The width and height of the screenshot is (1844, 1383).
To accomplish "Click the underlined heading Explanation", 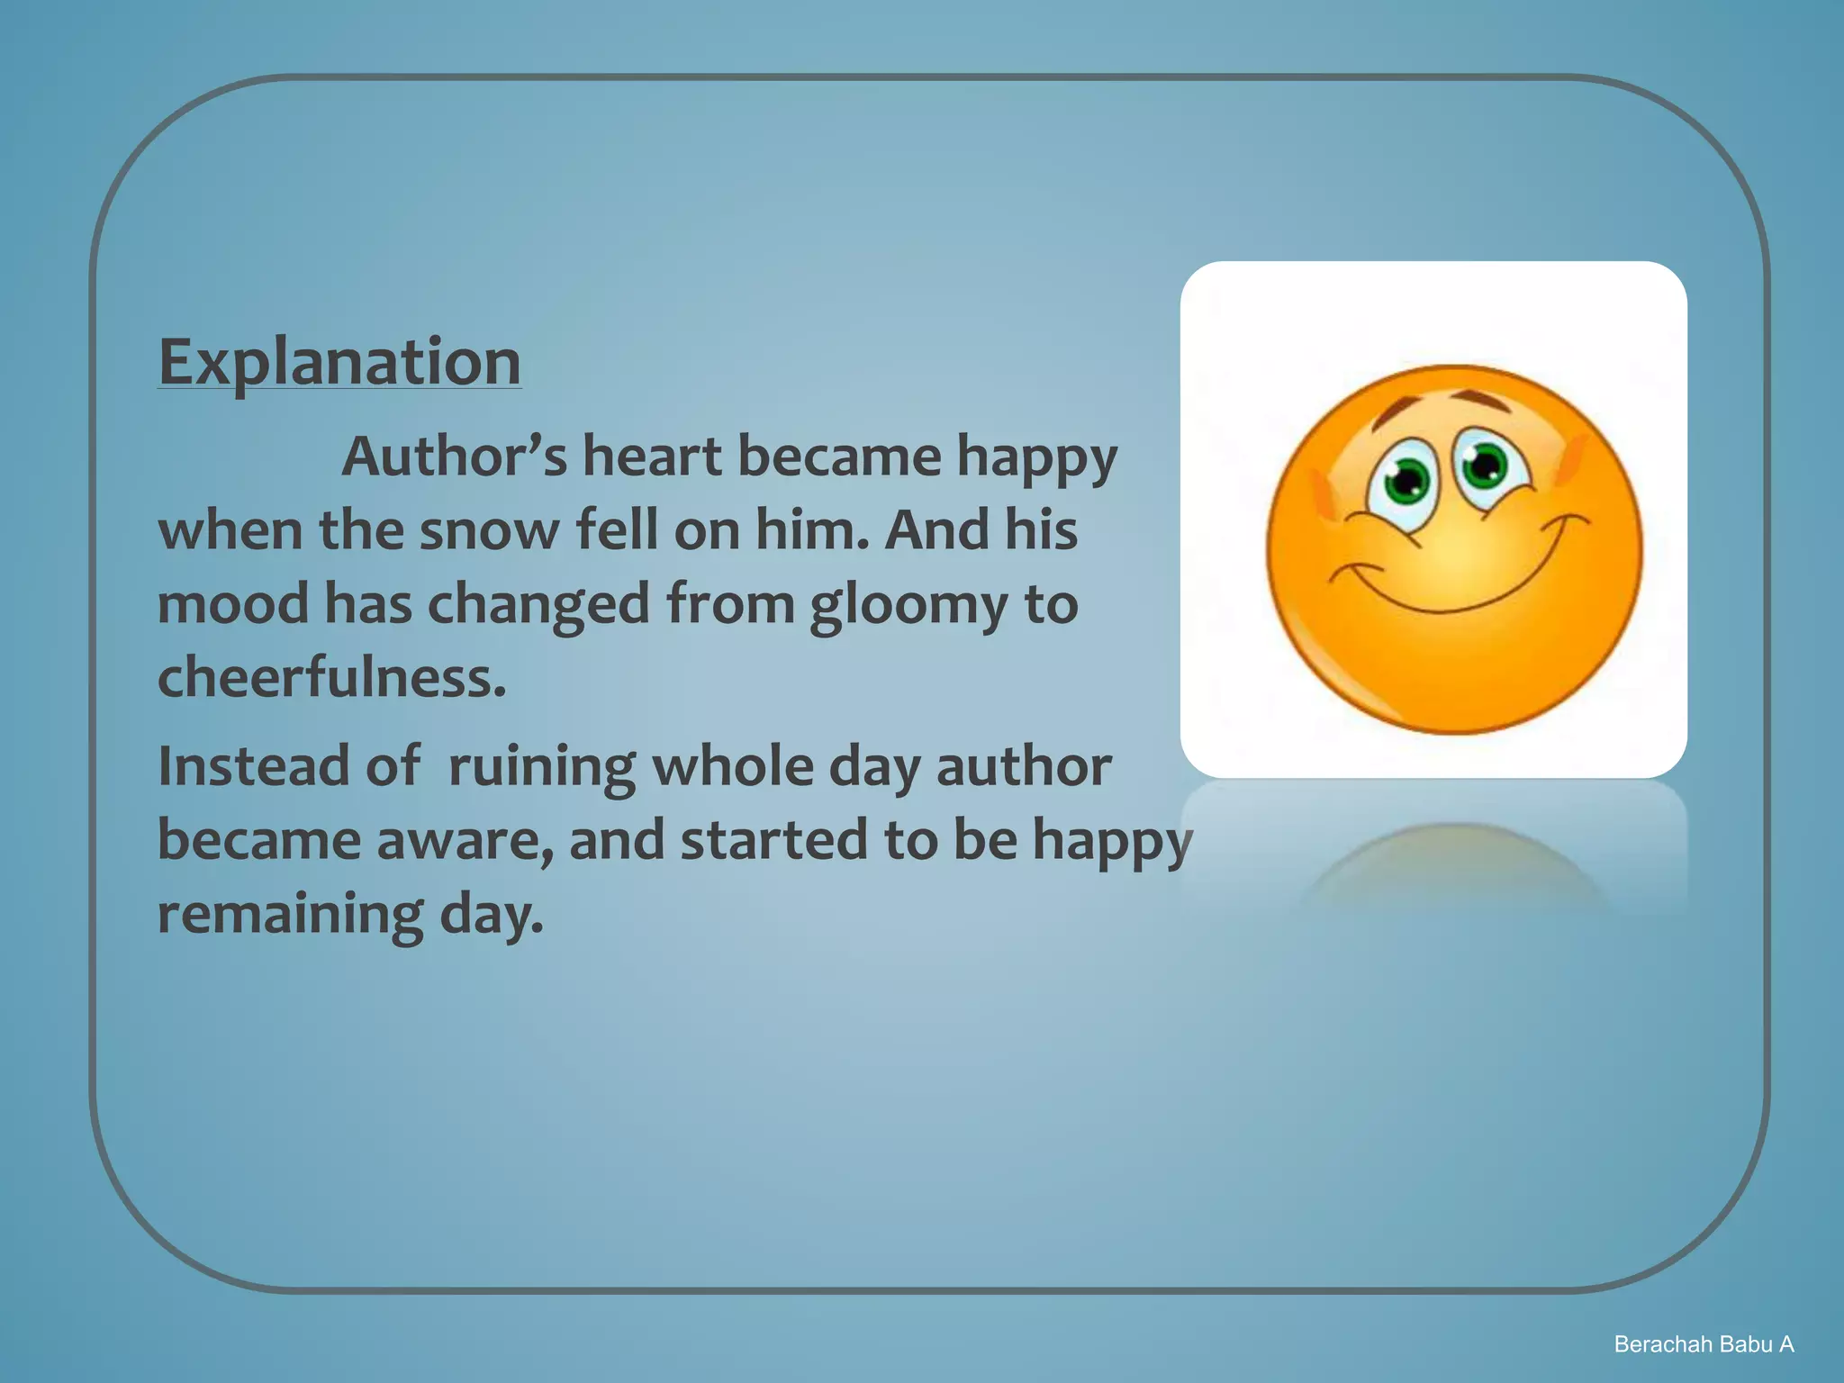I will (x=339, y=362).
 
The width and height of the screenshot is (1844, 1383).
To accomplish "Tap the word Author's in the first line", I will (x=455, y=456).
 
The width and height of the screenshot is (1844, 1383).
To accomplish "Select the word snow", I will (x=489, y=529).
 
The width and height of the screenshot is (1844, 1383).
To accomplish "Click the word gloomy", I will (x=908, y=605).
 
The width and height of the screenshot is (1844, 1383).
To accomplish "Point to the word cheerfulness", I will (x=331, y=677).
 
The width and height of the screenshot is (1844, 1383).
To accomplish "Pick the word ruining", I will (x=542, y=768).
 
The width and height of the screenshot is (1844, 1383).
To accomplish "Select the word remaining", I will (x=290, y=915).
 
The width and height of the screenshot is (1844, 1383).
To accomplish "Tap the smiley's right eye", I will (x=1485, y=465).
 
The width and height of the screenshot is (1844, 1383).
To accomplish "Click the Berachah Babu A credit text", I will (x=1704, y=1344).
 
